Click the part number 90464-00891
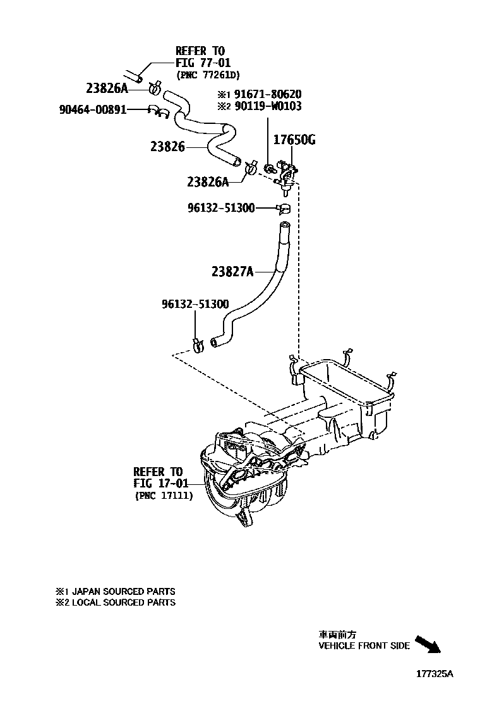pyautogui.click(x=92, y=109)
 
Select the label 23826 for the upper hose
pyautogui.click(x=167, y=147)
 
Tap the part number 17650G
pyautogui.click(x=294, y=140)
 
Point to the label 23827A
pyautogui.click(x=232, y=272)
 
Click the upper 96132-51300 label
pyautogui.click(x=220, y=207)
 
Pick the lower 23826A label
pyautogui.click(x=207, y=182)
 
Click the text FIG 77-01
pyautogui.click(x=203, y=63)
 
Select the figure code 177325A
pyautogui.click(x=435, y=673)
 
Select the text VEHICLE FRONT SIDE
pyautogui.click(x=364, y=645)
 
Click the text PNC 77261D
pyautogui.click(x=208, y=75)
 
